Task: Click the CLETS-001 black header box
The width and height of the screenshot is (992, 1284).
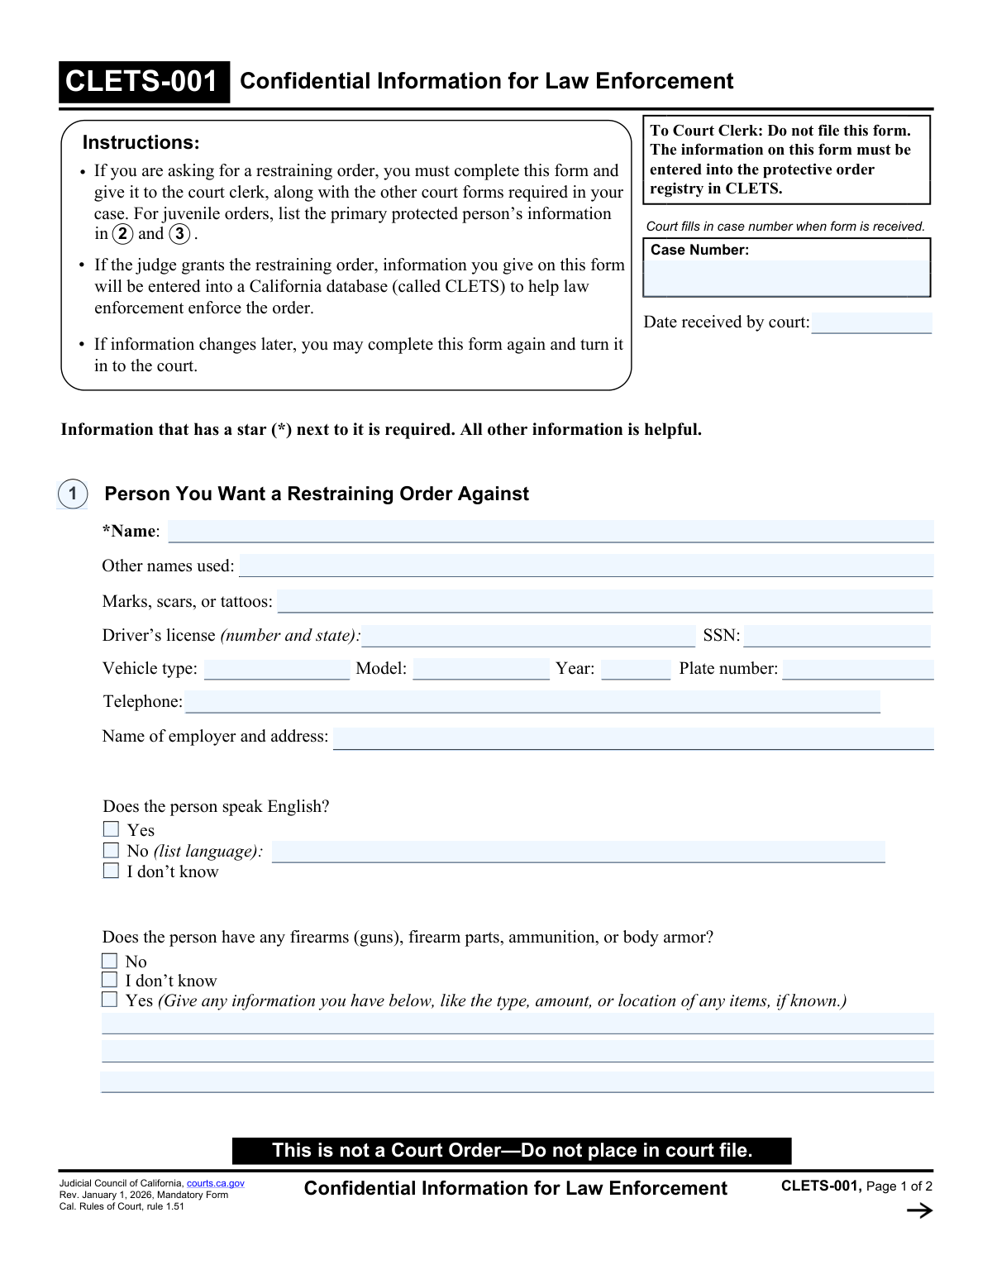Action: coord(144,82)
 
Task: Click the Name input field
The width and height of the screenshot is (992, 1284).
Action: coord(551,532)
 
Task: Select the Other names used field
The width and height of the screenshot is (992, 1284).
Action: coord(585,566)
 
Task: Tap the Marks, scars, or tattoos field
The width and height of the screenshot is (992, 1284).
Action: coord(604,602)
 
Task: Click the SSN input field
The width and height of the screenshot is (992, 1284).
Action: coord(837,636)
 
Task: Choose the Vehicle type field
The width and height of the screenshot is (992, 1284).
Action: coord(277,669)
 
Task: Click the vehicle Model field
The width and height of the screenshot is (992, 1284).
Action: coord(481,669)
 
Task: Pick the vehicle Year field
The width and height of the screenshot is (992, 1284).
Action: coord(636,669)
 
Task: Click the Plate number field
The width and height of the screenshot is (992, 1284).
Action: coord(857,669)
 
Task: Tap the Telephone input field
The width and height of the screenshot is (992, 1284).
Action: coord(532,702)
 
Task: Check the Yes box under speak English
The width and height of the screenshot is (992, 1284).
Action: coord(111,828)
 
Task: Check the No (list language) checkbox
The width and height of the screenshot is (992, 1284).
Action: coord(111,850)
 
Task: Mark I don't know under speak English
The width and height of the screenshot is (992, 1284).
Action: coord(111,871)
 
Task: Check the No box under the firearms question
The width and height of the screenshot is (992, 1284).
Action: coord(109,961)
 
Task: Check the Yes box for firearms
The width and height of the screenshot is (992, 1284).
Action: coord(109,1000)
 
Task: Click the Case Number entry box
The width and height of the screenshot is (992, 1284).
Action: coord(786,278)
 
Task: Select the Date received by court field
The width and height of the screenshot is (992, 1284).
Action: coord(871,322)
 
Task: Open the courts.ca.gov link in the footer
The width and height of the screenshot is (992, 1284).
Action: coord(216,1183)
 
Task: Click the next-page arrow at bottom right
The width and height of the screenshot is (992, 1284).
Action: coord(919,1210)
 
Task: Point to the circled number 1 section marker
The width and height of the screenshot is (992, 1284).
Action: coord(73,494)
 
